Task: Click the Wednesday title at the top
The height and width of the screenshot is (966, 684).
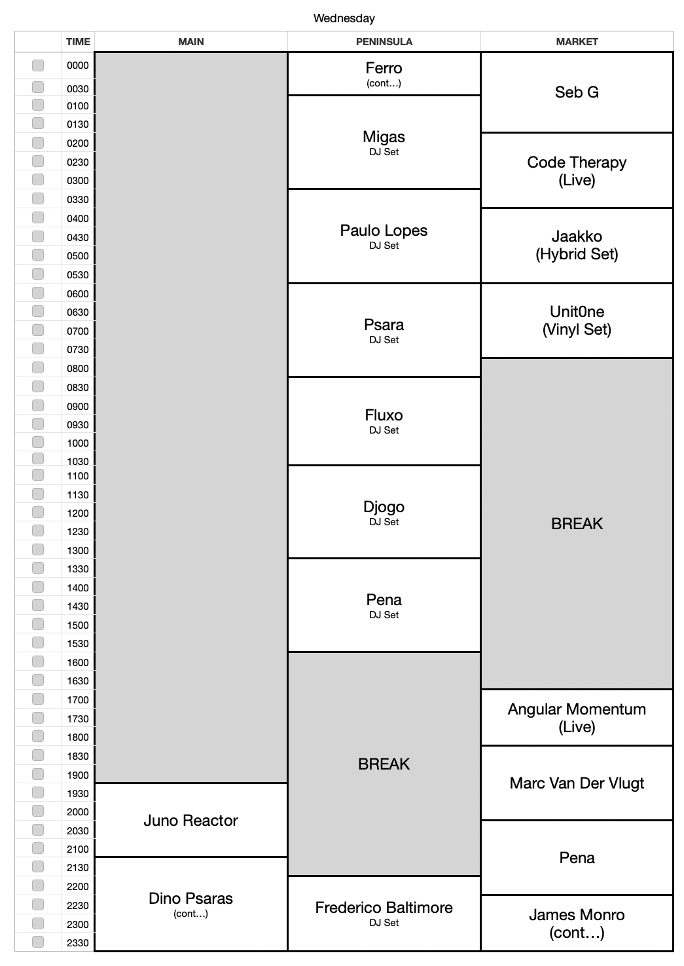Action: pos(344,18)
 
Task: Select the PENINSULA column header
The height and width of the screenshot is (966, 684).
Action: pos(384,41)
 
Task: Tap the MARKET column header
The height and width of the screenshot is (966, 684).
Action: pos(577,41)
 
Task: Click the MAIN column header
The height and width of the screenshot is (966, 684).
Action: pos(190,41)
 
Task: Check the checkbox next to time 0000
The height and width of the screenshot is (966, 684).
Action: pos(38,65)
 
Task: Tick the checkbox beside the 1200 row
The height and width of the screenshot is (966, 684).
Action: pos(38,513)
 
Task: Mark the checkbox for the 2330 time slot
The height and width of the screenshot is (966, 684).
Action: pos(38,942)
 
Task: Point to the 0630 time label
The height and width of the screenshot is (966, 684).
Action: pos(77,312)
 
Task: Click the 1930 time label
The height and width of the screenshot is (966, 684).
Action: pos(77,793)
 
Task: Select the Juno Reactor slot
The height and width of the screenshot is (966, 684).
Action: pos(190,821)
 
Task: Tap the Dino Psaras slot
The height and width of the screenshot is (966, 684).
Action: pos(190,904)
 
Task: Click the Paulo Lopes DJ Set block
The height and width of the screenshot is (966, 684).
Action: pos(384,236)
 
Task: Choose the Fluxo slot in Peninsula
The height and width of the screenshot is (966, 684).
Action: pos(384,421)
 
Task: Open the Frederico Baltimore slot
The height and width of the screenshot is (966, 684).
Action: pos(384,913)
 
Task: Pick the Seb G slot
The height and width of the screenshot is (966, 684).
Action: pos(577,92)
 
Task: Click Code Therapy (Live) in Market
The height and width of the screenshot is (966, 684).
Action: pos(577,170)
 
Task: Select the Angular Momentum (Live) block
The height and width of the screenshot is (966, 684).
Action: pos(577,717)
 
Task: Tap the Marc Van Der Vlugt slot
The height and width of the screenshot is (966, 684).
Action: pos(577,783)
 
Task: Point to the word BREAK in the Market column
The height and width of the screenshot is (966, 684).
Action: pos(577,523)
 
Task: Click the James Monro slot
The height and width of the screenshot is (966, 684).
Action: pos(577,923)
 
